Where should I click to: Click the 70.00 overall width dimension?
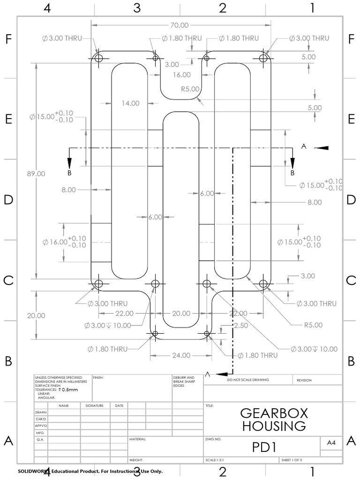coord(180,25)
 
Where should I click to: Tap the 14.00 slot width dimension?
coord(130,103)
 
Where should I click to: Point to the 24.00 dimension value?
coord(181,355)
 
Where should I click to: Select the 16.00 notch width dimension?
coord(181,75)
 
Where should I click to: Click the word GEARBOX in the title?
coord(274,413)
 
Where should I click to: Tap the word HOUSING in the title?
coord(274,426)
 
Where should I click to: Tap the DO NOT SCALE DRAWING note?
coord(248,380)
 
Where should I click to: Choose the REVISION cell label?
coord(304,380)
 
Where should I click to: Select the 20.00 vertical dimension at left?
coord(36,315)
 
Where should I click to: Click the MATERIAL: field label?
coord(138,440)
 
